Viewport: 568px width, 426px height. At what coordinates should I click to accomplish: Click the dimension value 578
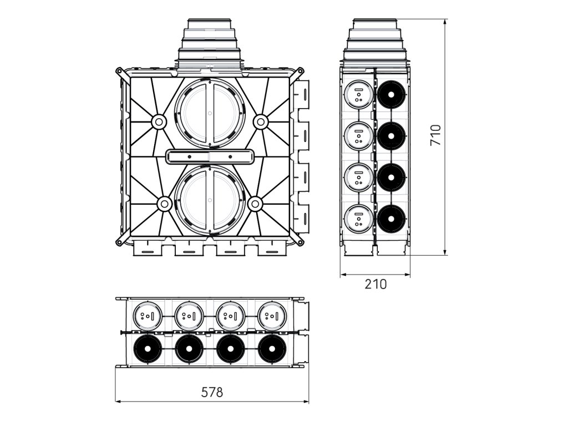point(211,392)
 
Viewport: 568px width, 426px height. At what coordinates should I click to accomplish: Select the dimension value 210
point(376,284)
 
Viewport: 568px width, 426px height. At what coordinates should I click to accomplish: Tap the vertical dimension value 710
point(435,135)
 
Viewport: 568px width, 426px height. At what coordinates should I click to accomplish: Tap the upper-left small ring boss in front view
point(159,121)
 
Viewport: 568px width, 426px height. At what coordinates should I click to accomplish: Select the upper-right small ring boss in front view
point(260,121)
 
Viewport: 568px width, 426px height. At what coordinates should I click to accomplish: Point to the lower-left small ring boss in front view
point(164,204)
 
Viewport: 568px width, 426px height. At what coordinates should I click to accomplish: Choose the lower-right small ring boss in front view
point(255,204)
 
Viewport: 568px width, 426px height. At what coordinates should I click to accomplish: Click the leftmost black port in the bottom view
point(147,349)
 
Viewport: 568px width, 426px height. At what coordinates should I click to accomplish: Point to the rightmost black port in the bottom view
point(272,349)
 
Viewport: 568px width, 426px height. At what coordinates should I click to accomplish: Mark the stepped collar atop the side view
point(376,41)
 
